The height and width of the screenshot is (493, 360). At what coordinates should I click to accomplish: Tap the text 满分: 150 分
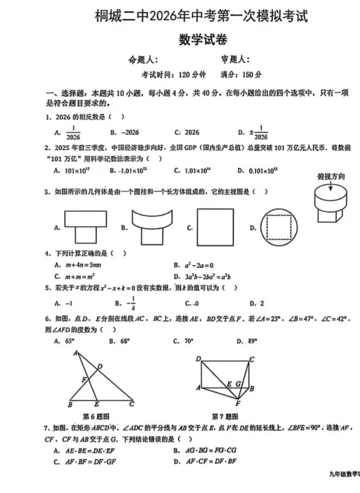click(x=241, y=75)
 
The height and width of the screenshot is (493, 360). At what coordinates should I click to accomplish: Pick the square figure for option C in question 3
click(x=216, y=227)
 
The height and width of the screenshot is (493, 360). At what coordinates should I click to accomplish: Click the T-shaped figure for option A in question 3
click(x=87, y=226)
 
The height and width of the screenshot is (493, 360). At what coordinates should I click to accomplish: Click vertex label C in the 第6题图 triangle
click(x=132, y=404)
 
